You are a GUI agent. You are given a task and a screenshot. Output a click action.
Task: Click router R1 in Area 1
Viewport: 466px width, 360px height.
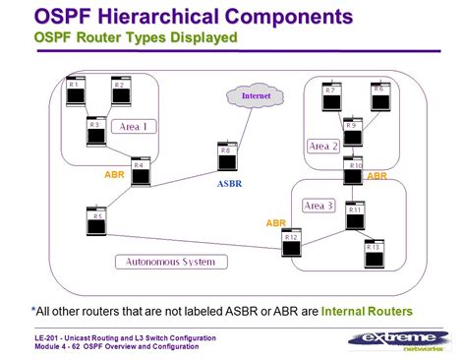coord(74,92)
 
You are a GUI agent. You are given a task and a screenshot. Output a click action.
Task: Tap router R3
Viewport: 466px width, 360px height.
coord(95,131)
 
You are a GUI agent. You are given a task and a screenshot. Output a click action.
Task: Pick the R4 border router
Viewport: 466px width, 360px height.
coord(141,172)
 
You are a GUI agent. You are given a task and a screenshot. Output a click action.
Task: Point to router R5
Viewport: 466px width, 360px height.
coord(96,221)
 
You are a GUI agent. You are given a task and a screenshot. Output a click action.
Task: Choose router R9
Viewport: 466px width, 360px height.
coord(352,132)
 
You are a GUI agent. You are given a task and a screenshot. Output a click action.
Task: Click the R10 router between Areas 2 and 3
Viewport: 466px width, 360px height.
coord(354,172)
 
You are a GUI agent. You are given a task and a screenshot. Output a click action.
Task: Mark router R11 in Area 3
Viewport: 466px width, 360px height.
coord(355,215)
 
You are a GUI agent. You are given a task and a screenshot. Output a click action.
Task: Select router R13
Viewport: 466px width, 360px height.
coord(374,254)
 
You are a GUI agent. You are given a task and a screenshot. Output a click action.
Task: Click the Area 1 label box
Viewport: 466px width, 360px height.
coord(135,127)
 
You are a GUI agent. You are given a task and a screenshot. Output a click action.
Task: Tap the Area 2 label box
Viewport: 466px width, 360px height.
coord(323,146)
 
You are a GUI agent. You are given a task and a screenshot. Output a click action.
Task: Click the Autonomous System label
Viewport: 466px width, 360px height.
coord(172,262)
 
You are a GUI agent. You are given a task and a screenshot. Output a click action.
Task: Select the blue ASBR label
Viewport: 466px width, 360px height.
coord(229,183)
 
